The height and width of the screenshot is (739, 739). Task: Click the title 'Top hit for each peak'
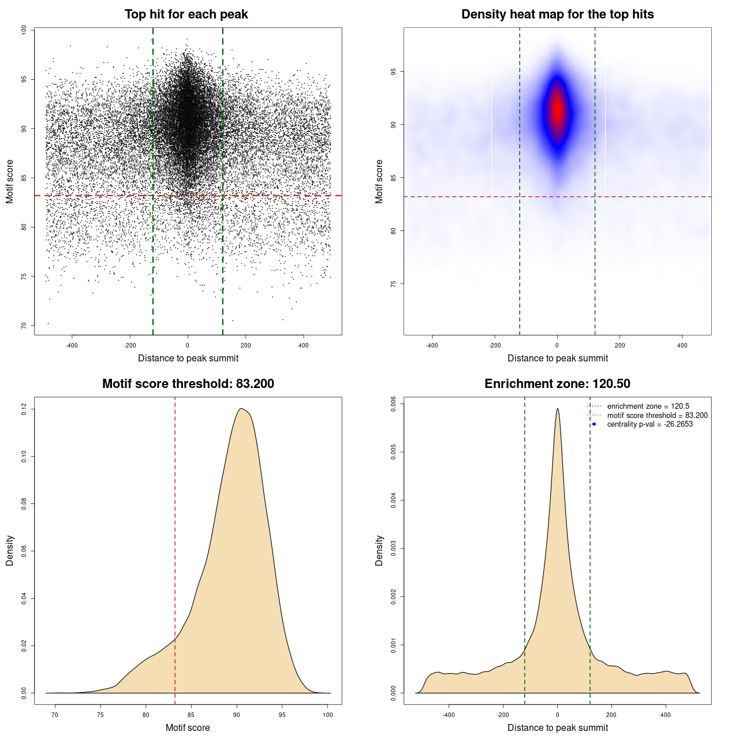pyautogui.click(x=186, y=14)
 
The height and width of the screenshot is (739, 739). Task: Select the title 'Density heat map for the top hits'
pyautogui.click(x=557, y=14)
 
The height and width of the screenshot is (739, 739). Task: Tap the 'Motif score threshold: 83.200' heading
pyautogui.click(x=188, y=384)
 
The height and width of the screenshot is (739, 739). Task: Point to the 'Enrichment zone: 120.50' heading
pyautogui.click(x=557, y=384)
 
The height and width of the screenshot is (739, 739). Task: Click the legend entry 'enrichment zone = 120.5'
pyautogui.click(x=648, y=406)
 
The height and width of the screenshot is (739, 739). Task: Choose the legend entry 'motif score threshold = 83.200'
pyautogui.click(x=657, y=416)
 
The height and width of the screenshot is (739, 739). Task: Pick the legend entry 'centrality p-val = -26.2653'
pyautogui.click(x=650, y=424)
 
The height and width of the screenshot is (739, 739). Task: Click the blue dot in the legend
pyautogui.click(x=594, y=424)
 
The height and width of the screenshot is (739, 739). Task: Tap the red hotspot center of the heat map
pyautogui.click(x=557, y=110)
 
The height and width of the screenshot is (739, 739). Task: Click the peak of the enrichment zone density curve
pyautogui.click(x=557, y=409)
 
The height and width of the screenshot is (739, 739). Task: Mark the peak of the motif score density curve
pyautogui.click(x=242, y=409)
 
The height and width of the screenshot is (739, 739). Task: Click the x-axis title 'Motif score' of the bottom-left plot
pyautogui.click(x=188, y=727)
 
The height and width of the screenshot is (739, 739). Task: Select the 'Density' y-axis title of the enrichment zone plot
pyautogui.click(x=379, y=550)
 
